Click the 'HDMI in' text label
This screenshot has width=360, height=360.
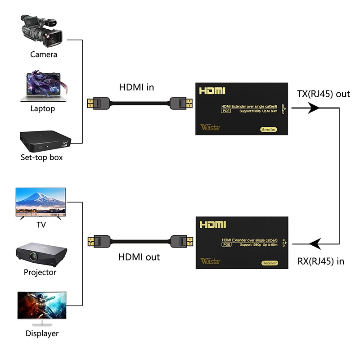136,87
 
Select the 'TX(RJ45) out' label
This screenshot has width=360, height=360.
323,94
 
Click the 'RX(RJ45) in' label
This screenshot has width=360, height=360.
321,261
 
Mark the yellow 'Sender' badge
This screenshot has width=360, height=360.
268,130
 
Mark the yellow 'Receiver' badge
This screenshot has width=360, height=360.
270,263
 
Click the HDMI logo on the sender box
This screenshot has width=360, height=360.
212,90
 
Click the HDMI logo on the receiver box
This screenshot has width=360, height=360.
212,224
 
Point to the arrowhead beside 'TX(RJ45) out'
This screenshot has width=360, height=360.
314,108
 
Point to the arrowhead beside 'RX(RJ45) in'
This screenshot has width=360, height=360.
314,244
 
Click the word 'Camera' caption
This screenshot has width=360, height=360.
44,54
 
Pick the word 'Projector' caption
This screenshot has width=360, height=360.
40,272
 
